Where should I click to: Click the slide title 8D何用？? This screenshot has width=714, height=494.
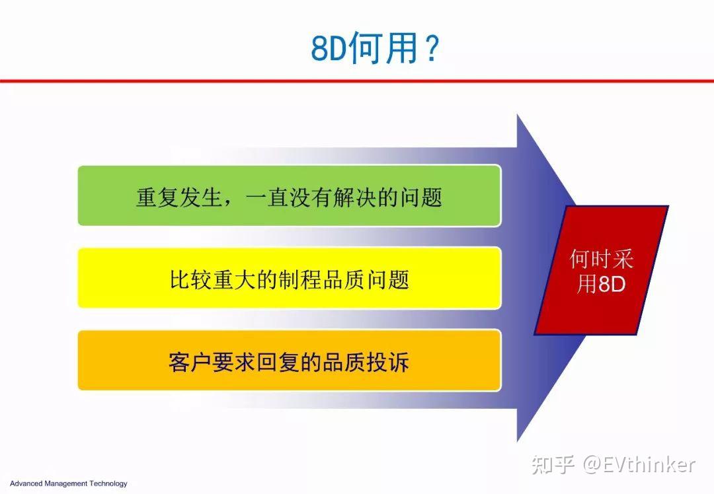pos(375,49)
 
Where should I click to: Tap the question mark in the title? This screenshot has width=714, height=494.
pos(431,49)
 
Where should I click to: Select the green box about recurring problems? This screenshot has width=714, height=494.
pos(289,196)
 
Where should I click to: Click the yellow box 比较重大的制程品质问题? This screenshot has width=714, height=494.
pos(289,279)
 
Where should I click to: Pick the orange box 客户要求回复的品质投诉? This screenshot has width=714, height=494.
pos(289,361)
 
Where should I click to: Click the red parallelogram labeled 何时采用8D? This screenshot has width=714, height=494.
pos(601,270)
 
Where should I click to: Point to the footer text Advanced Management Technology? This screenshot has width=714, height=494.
pos(68,483)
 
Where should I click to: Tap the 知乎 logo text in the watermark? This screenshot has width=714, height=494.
pos(552,464)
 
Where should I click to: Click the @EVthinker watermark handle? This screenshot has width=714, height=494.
pos(639,464)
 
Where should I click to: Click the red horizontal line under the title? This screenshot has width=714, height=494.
pos(357,81)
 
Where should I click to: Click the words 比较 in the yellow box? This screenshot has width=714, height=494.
pos(191,279)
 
